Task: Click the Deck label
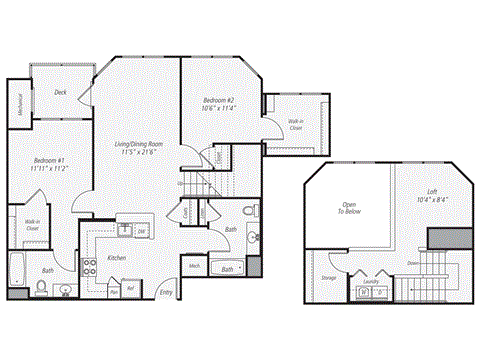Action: [60, 91]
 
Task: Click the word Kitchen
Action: [116, 258]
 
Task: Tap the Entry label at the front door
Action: [166, 292]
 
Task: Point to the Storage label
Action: [329, 277]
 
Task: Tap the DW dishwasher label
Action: [141, 232]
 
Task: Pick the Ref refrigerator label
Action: [130, 290]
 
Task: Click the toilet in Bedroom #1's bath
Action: [40, 288]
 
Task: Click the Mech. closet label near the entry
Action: [193, 266]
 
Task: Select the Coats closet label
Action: [186, 212]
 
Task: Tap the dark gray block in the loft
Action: [441, 238]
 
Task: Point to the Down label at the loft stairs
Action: [412, 264]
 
